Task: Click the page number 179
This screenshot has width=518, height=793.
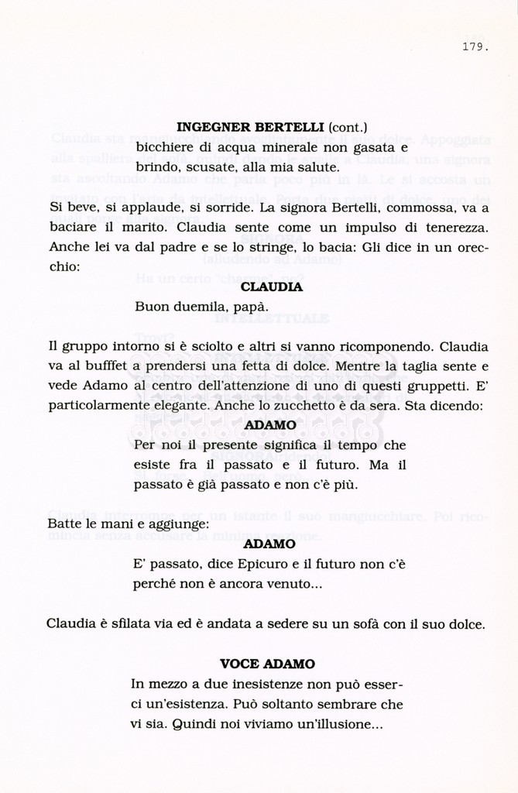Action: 475,46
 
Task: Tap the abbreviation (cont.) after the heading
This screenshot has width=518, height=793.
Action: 348,126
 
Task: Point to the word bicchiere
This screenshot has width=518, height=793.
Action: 165,146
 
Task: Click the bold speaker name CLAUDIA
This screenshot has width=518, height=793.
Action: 271,287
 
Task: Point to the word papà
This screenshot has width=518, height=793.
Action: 251,307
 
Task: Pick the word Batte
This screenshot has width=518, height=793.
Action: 64,524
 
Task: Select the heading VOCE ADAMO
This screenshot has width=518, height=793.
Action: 268,664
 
